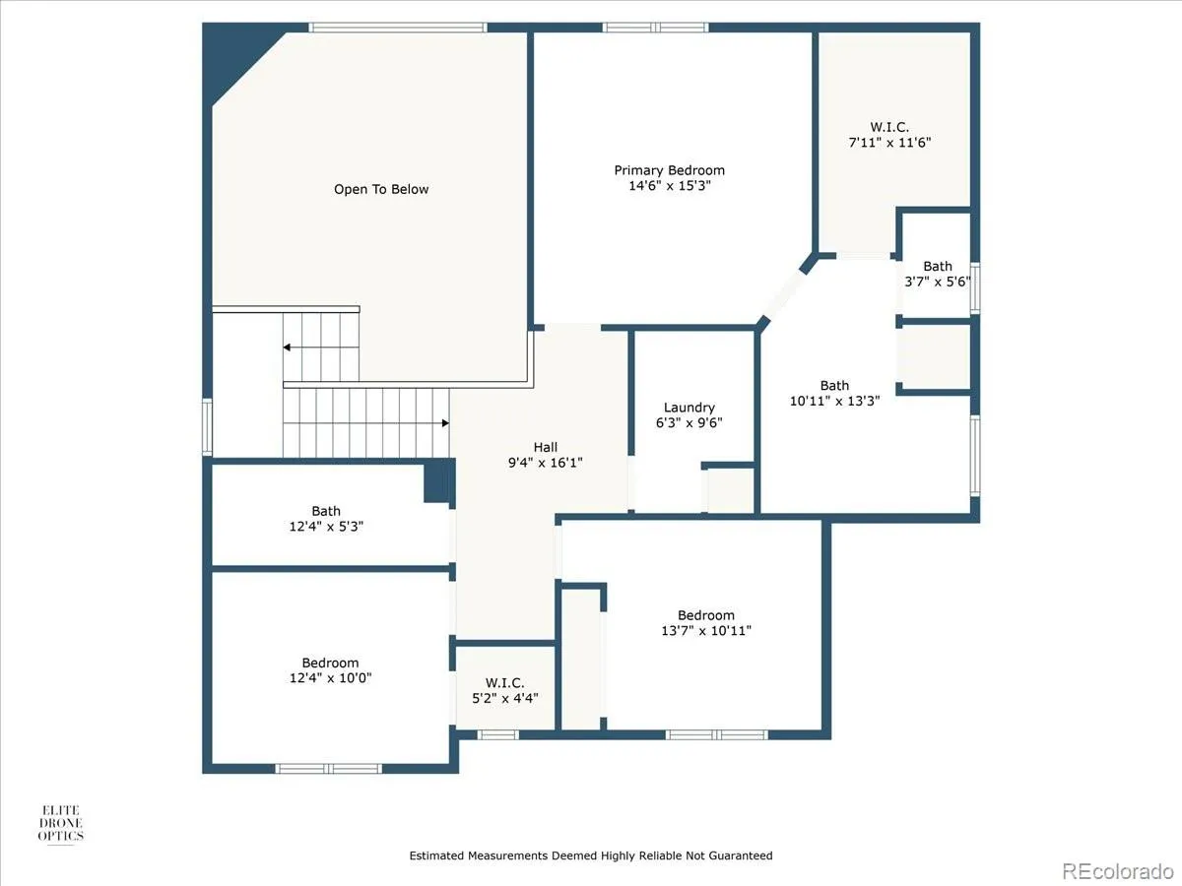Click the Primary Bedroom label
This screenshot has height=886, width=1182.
(x=670, y=170)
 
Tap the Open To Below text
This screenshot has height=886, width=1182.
(x=381, y=189)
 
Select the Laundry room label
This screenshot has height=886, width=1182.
(x=689, y=408)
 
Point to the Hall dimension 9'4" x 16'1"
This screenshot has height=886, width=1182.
(x=546, y=463)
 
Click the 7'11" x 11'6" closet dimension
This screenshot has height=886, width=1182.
(x=889, y=143)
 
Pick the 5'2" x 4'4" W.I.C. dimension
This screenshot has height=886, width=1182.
(x=505, y=698)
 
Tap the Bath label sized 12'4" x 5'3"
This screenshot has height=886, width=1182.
(x=326, y=511)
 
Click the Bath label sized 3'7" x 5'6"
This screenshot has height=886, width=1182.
(x=938, y=266)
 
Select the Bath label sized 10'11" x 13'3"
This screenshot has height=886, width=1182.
(x=834, y=386)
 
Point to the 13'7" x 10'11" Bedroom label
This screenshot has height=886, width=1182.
(x=706, y=615)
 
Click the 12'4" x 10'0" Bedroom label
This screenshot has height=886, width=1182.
(x=330, y=663)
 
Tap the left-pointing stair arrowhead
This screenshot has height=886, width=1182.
(x=287, y=348)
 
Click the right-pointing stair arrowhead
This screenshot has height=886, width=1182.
(x=445, y=423)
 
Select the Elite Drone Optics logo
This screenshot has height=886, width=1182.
(x=61, y=823)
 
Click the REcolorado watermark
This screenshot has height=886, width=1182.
(x=1118, y=870)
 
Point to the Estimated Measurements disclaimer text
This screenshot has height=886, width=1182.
(x=591, y=855)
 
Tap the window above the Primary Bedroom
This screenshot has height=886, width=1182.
(x=655, y=28)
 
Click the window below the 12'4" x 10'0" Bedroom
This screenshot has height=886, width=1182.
(x=328, y=769)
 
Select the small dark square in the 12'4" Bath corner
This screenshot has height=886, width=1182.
(x=437, y=482)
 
